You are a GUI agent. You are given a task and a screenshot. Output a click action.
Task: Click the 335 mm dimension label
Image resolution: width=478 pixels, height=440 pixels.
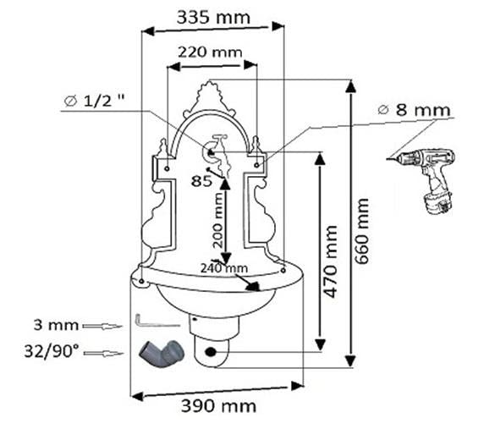click(213, 18)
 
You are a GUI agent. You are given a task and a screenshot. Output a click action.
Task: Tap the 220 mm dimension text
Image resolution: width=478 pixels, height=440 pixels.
click(210, 52)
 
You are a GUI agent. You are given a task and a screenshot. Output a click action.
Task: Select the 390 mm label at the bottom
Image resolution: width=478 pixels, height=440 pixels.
click(218, 406)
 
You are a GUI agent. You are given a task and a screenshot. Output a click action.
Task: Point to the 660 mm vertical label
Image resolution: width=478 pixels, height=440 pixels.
click(362, 231)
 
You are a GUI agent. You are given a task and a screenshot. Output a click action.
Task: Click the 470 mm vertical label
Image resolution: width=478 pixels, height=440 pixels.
click(331, 261)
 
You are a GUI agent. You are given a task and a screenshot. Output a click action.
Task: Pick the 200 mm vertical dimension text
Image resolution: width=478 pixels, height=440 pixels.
click(218, 219)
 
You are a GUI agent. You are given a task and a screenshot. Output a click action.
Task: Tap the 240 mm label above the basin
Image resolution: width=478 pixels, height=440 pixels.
click(224, 268)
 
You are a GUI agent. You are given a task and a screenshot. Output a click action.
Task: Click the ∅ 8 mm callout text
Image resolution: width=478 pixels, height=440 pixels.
click(414, 110)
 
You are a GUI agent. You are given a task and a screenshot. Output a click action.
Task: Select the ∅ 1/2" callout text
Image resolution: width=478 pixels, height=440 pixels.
click(95, 101)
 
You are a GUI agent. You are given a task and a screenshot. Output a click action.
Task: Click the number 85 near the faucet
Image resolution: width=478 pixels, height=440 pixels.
click(201, 181)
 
